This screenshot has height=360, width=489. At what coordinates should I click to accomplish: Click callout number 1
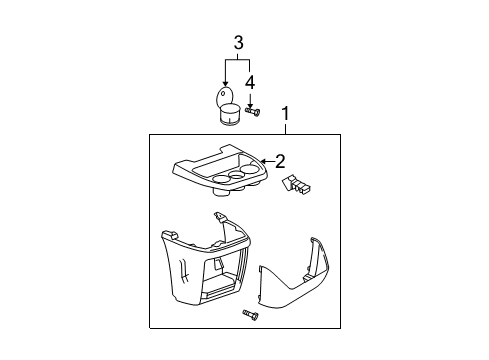coord(287,115)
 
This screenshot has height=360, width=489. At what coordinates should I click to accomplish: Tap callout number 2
coord(281,159)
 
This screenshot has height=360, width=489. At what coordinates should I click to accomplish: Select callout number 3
coord(238,42)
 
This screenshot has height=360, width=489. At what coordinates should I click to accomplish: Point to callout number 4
coord(251,81)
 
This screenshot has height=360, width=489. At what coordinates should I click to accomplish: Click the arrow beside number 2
coord(266,159)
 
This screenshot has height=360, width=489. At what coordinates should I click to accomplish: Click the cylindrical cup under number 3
coord(230,116)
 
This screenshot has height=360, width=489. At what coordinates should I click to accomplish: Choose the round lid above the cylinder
coord(225,98)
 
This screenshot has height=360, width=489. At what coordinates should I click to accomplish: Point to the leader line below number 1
coord(287,128)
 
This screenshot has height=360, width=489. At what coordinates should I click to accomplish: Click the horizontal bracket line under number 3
coord(238,59)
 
